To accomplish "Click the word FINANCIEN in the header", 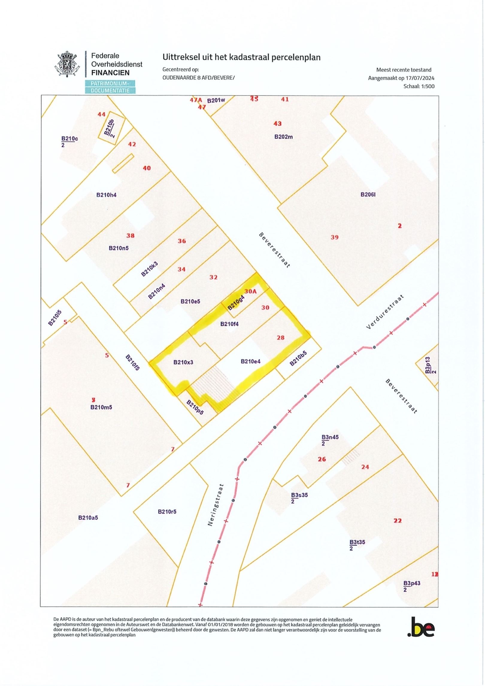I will click(110, 73).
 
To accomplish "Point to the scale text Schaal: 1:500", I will click(419, 86).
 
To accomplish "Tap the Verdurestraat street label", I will click(385, 312).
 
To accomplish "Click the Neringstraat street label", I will click(216, 505).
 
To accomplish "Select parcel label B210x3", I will click(183, 362).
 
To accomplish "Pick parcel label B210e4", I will click(251, 362).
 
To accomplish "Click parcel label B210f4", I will click(229, 324).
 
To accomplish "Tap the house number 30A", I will click(251, 291).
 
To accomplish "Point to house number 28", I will click(281, 338).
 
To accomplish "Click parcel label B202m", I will click(284, 137).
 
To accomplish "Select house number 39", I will click(334, 237).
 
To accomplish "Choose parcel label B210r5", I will click(167, 512).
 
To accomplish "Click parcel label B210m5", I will click(101, 407).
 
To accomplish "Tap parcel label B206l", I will click(368, 195).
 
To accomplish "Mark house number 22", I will click(397, 521).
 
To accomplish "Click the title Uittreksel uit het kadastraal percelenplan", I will click(241, 57).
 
